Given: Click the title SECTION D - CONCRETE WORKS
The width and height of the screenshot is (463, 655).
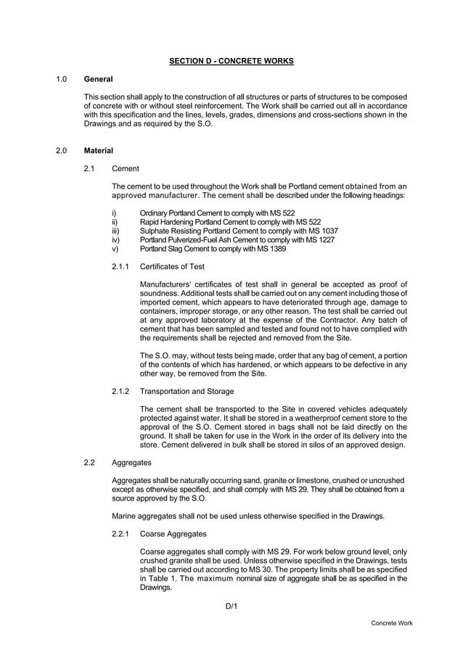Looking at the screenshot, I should coord(231,61).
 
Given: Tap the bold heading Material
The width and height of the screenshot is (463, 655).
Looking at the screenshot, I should coord(98,151).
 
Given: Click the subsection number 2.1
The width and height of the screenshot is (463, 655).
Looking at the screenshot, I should coord(89,168).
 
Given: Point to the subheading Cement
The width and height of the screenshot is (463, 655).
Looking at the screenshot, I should coord(126,168).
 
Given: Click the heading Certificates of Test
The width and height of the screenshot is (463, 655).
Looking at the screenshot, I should coord(172,267).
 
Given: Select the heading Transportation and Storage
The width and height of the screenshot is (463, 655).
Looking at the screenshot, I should coord(187,392).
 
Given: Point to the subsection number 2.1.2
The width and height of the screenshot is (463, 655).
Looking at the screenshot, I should coord(120,392).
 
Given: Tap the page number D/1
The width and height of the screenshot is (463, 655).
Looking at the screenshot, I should coord(231,606).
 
